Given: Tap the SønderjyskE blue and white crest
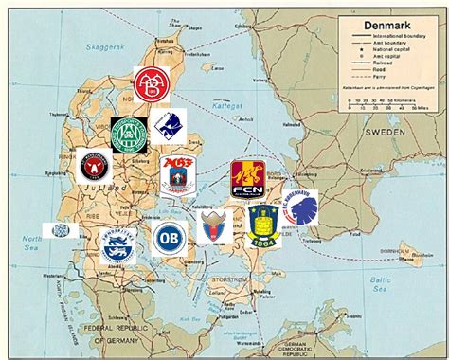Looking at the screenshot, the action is coord(117,244).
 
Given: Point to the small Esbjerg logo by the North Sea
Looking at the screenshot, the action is coord(60,230).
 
